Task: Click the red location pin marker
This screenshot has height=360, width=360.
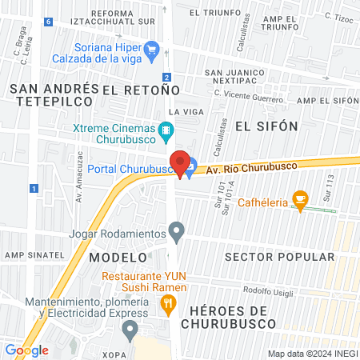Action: pos(181,163)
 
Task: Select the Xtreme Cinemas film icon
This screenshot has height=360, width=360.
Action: pos(166,129)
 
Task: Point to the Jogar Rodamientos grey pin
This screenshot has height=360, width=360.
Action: pos(177,233)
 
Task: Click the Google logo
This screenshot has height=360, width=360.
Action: pos(27,350)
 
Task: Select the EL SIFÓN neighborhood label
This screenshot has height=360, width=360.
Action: pos(266,126)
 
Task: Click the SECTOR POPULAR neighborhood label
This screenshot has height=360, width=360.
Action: pos(280,257)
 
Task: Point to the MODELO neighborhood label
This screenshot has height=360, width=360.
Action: pos(118,258)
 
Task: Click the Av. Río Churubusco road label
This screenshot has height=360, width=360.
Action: pos(251,167)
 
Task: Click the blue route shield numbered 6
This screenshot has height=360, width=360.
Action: pos(49,22)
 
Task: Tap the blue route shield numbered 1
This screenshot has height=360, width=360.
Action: pos(34,188)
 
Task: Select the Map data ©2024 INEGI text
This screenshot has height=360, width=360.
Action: pos(312,354)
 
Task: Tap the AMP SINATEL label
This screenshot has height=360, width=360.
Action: pos(34,254)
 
